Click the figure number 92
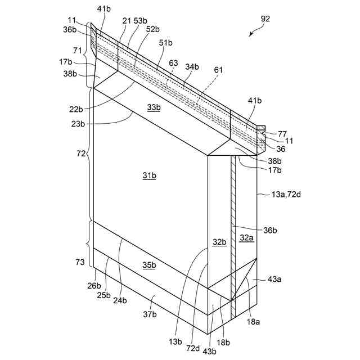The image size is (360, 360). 265,19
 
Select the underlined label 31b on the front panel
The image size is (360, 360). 149,177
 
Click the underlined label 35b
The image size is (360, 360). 149,265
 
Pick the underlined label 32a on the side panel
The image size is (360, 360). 246,238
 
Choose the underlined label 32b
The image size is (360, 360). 218,242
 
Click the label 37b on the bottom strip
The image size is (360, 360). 149,314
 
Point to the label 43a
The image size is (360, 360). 275,280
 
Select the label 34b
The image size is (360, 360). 192,67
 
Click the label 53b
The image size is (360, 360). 139,20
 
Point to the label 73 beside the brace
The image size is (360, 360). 80,262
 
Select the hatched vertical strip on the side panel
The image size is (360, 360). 232,225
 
